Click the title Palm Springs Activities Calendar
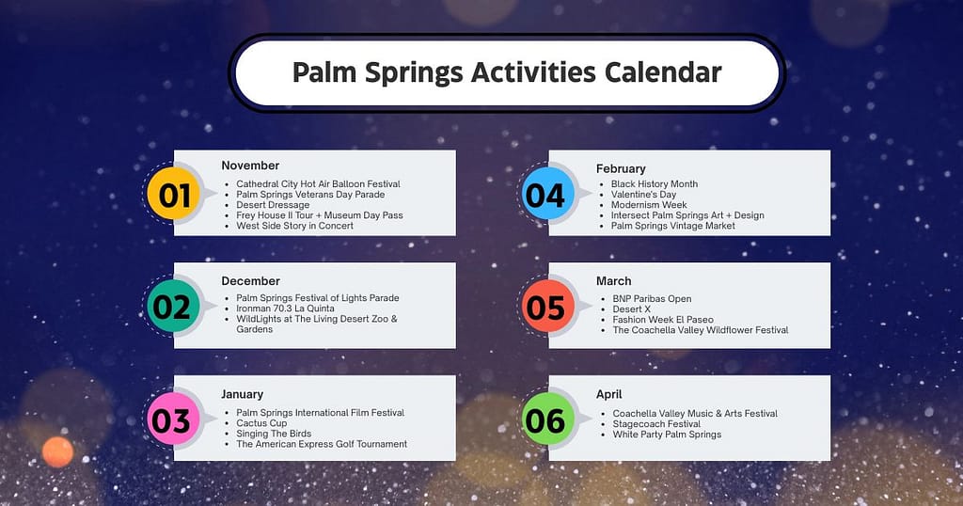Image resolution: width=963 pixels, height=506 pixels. tap(507, 73)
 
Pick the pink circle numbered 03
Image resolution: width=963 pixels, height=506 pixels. tap(171, 420)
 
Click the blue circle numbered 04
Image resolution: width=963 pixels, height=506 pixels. tap(545, 195)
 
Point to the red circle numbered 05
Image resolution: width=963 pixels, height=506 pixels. tap(545, 308)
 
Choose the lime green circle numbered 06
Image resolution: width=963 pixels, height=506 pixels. tap(545, 420)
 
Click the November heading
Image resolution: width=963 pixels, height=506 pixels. tap(250, 166)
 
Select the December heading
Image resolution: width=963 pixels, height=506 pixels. tap(250, 280)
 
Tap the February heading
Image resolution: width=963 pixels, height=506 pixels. tap(621, 168)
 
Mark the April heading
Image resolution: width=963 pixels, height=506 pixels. tap(608, 394)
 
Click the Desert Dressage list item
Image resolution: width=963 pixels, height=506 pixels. tap(273, 205)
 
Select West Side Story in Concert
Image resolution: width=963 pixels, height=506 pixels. tap(294, 226)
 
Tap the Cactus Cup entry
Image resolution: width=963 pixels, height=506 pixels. tap(261, 423)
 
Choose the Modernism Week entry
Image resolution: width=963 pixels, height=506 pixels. tap(649, 205)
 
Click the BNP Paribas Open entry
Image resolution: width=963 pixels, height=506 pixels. tap(652, 299)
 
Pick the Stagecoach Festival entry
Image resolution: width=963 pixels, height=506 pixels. tap(656, 424)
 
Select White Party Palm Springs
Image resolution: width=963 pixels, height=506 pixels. tap(667, 435)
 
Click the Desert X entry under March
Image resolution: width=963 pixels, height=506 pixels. tap(631, 309)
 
